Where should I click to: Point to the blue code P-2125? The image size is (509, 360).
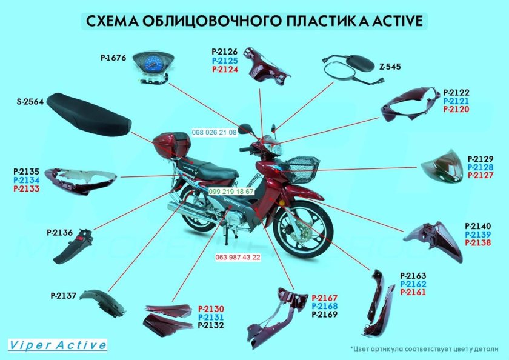pos(225,61)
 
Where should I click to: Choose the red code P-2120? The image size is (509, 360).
pos(456,110)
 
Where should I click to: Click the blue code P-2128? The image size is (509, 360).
pos(480,167)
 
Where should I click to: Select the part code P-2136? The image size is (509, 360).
pos(59,232)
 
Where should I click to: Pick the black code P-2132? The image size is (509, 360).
pos(211,325)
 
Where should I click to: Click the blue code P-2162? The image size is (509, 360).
pos(413,284)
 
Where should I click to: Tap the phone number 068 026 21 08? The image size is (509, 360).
pos(214,132)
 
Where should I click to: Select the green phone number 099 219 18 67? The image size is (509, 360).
pos(231,191)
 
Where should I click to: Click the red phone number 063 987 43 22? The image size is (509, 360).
pos(238,257)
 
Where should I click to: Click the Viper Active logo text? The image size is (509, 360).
pos(58,345)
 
